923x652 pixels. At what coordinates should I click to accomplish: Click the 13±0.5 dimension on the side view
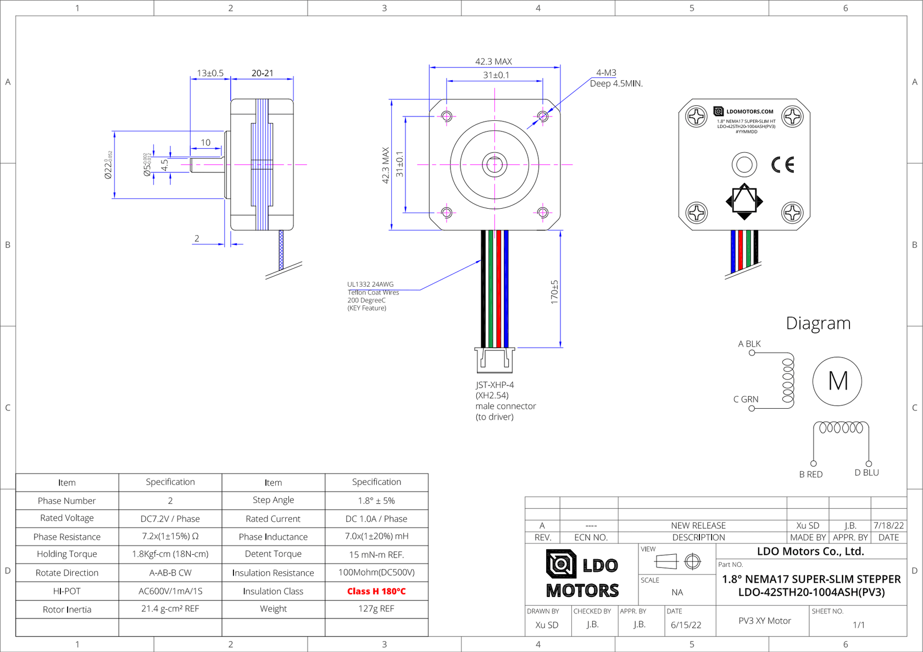(210, 73)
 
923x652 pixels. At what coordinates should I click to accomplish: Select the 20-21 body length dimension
(262, 73)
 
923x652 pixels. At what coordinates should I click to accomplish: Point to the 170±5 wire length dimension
(554, 292)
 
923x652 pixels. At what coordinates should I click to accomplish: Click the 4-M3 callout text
(606, 73)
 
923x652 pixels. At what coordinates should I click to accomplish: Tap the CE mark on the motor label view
(782, 165)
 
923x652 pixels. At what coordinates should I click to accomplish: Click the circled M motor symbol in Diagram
(837, 381)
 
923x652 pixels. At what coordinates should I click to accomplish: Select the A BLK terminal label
(749, 344)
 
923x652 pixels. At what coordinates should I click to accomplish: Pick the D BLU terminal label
(866, 473)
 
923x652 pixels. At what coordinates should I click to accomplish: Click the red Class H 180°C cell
(376, 592)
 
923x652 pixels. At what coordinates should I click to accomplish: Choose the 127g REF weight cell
(376, 609)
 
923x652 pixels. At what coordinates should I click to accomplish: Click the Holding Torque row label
(67, 554)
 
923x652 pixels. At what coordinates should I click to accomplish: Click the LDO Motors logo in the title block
(582, 574)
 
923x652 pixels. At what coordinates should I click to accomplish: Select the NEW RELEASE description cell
(698, 526)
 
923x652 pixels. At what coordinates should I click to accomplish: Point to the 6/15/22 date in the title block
(686, 625)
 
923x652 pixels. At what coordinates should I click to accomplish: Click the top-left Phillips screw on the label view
(696, 116)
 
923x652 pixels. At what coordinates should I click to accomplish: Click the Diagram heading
(818, 324)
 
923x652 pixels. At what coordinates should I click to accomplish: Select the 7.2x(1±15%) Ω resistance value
(170, 536)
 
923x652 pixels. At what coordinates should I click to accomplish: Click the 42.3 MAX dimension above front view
(493, 62)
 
